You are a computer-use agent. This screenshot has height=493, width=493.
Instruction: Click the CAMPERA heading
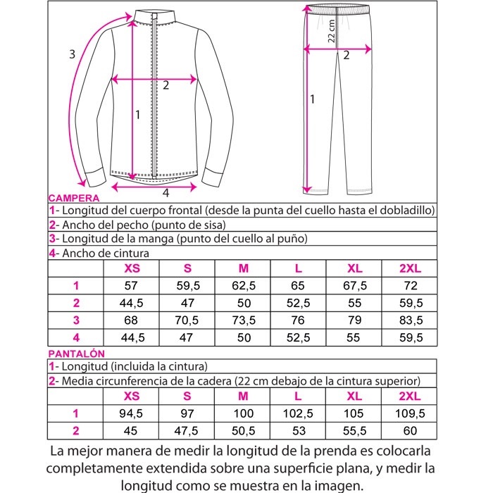coord(74,199)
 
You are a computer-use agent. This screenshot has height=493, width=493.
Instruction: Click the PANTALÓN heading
coord(77,354)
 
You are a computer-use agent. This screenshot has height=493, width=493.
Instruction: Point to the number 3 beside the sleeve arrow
coord(72,54)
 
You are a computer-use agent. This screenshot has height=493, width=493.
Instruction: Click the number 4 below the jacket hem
coord(166,192)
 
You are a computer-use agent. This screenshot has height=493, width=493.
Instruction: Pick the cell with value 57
coord(131,285)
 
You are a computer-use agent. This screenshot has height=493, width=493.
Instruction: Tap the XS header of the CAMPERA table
coord(131,268)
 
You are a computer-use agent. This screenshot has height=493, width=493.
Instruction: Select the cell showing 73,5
coord(243,319)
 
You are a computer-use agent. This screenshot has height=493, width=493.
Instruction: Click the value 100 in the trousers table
coord(243,413)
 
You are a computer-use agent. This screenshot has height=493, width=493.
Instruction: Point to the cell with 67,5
coord(354,285)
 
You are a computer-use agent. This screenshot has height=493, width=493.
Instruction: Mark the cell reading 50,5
coord(243,430)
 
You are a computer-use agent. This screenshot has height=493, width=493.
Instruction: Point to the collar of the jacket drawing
coord(154,15)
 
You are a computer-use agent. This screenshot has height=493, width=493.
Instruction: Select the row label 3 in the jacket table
coord(75,319)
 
